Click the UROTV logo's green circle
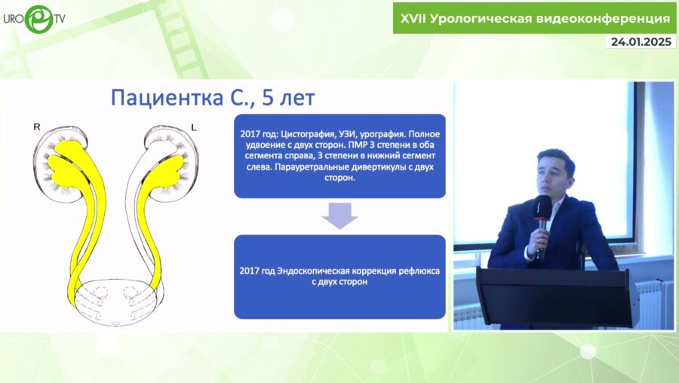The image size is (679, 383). [x=38, y=20]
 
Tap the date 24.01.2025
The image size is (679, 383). [x=641, y=41]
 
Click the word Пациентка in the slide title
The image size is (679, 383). [x=167, y=98]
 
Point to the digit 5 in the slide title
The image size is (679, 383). [x=268, y=98]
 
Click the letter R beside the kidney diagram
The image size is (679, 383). [x=37, y=127]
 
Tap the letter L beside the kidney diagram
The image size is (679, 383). [x=194, y=127]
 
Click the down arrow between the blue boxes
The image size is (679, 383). [x=339, y=216]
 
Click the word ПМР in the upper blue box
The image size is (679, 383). [x=358, y=145]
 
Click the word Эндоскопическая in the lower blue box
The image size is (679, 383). [x=313, y=271]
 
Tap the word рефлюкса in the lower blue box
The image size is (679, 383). [x=419, y=271]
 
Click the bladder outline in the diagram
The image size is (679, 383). [x=115, y=302]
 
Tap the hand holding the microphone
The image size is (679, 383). [x=537, y=244]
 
